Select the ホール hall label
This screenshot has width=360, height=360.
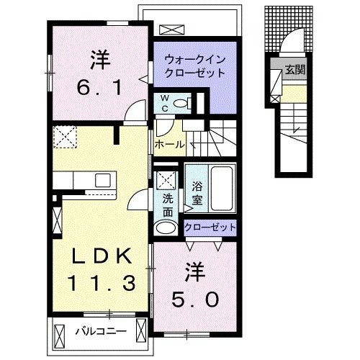pyautogui.click(x=169, y=145)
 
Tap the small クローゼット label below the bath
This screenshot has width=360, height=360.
pyautogui.click(x=210, y=228)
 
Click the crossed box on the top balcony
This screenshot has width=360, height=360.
pyautogui.click(x=172, y=30)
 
